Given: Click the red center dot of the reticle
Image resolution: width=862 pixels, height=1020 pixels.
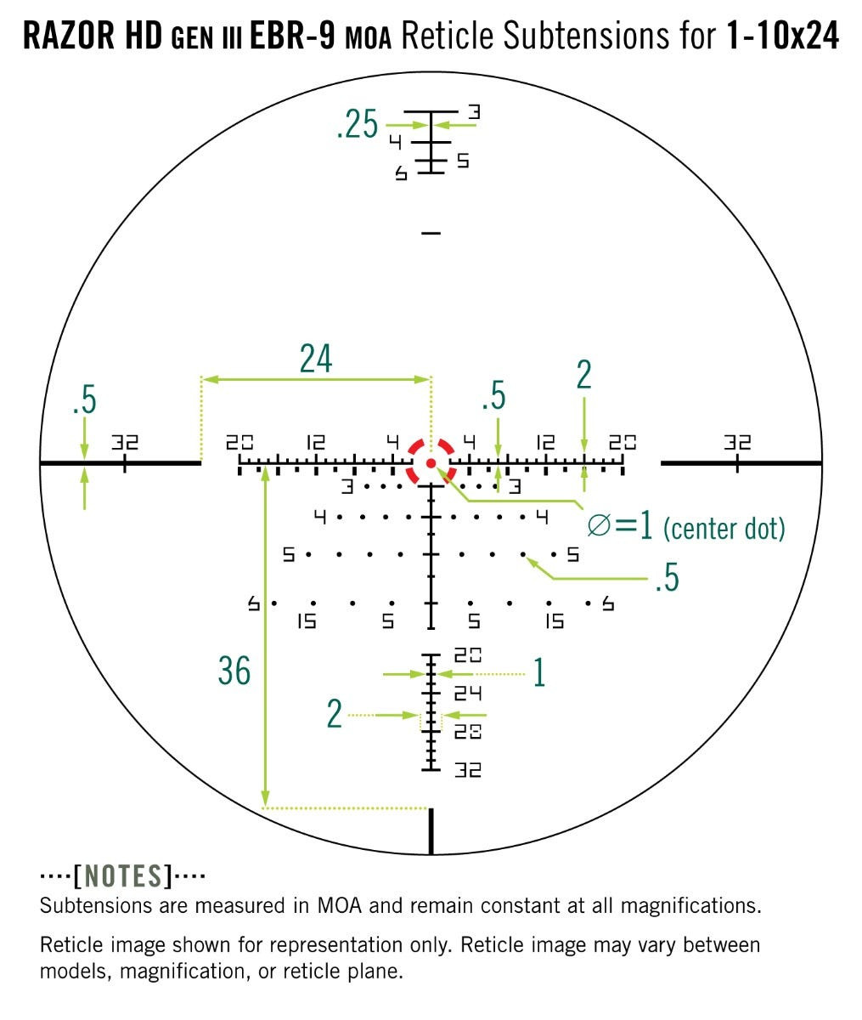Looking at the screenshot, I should point(431,462).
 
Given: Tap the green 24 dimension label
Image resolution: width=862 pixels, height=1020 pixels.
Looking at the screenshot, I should point(315,360).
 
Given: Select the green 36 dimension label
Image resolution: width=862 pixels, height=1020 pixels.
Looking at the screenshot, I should point(234,671).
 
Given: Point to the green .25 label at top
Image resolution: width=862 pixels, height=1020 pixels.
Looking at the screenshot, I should point(357,126).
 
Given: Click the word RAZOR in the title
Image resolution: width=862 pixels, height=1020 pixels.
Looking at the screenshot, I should point(69,37).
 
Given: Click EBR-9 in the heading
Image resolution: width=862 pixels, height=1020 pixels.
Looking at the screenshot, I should point(294,37).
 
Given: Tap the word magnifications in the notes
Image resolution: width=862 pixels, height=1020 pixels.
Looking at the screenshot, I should point(690,905).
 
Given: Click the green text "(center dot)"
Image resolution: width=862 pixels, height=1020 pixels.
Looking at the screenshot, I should point(724,529).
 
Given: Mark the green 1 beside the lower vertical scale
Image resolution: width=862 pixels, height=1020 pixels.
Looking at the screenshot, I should point(538,672).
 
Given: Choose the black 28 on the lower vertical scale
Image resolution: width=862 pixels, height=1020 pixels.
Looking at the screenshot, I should point(468,731).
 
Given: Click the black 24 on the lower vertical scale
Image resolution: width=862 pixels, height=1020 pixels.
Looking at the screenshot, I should point(468,694).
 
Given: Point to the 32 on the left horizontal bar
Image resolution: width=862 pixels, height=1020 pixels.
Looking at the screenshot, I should point(125,442).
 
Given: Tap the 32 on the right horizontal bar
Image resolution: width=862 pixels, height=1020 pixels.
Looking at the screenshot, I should point(737,442).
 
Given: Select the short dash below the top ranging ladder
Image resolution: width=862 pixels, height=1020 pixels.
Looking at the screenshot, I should point(431,231).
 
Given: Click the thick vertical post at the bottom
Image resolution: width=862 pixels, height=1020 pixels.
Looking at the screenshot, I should point(431,831).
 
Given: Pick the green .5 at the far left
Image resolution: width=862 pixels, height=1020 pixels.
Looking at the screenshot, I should point(85,400).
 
